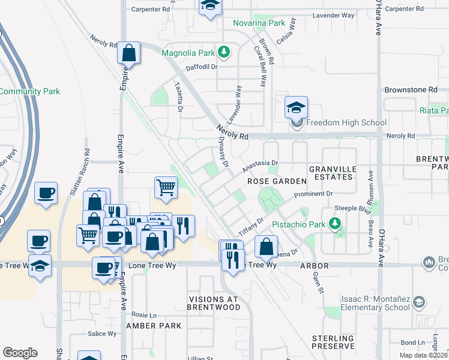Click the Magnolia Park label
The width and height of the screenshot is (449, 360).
(x=188, y=53)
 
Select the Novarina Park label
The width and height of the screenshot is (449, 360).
(x=259, y=23)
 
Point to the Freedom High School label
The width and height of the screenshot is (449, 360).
(x=346, y=123)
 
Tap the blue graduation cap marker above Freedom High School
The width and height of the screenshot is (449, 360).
(x=296, y=107)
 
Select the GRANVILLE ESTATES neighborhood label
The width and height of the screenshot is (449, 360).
(x=331, y=173)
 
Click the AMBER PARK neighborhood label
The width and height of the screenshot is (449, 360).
(x=154, y=326)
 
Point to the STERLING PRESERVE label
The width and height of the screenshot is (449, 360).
(x=333, y=343)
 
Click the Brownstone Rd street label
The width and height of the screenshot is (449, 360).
(x=411, y=89)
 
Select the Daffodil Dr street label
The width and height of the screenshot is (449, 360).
(x=201, y=67)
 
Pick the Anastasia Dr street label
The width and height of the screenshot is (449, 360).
(x=261, y=163)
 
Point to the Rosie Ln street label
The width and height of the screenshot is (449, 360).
(x=143, y=314)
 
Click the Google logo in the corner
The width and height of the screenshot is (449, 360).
(x=20, y=353)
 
